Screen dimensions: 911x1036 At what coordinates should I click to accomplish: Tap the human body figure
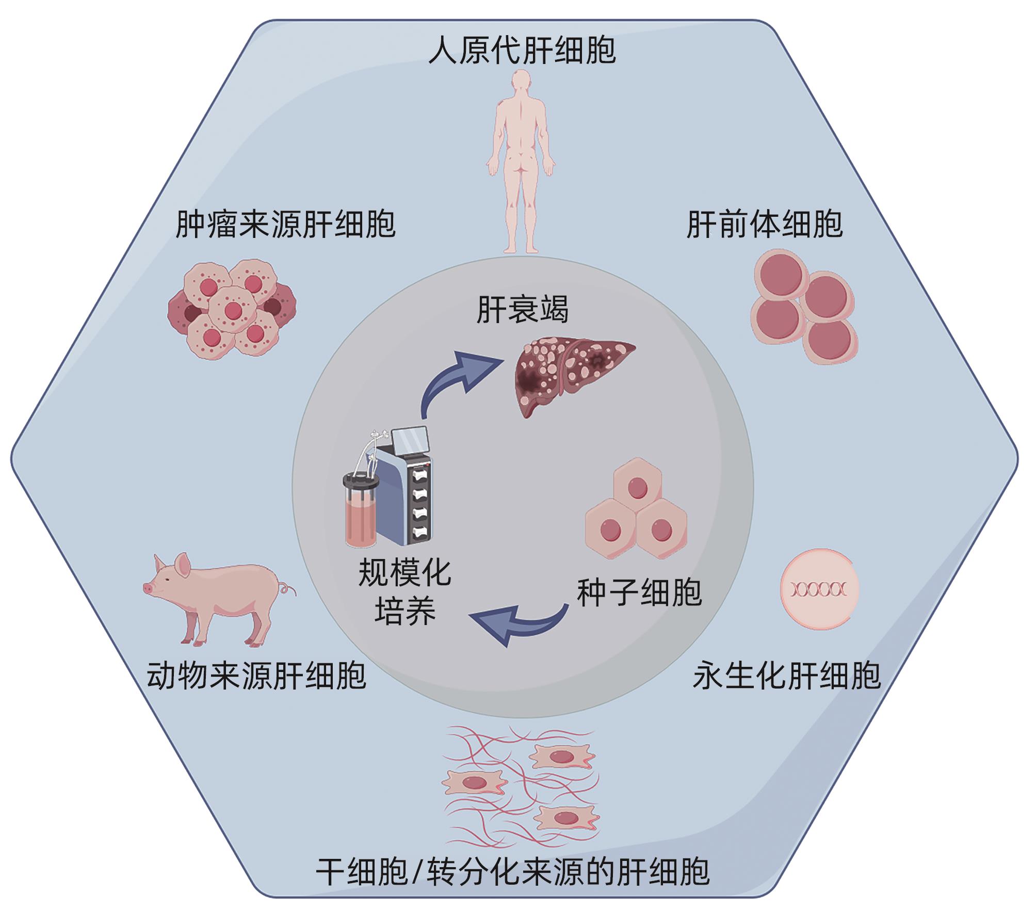(521, 155)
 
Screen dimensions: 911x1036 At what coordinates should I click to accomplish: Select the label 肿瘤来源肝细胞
(285, 224)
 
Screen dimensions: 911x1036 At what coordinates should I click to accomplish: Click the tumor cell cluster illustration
(232, 309)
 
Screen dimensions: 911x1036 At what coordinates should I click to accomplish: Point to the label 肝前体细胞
(765, 224)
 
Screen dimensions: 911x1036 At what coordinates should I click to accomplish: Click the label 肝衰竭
(522, 310)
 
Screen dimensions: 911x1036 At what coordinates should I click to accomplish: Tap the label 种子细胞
(640, 592)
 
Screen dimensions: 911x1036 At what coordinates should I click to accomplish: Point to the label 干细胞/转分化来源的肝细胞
(512, 872)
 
